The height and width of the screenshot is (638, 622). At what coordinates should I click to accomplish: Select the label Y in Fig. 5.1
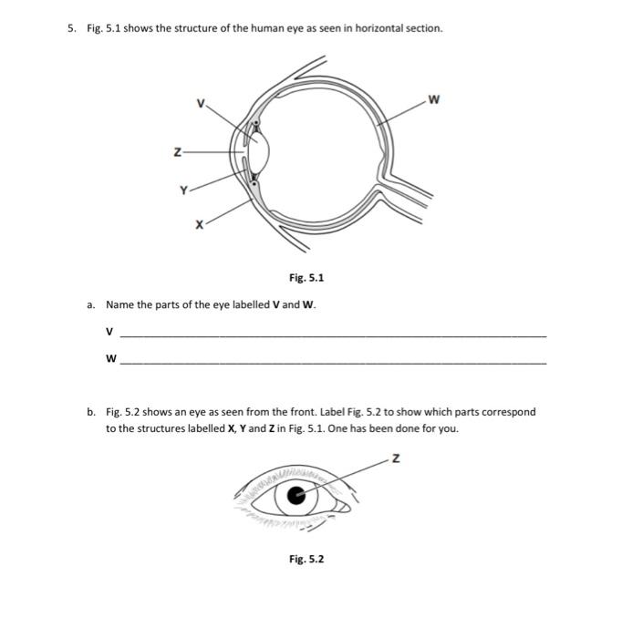coord(183,190)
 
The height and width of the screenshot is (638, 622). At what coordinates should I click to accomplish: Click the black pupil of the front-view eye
coord(295,496)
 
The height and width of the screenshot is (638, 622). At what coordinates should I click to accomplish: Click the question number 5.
coord(70,28)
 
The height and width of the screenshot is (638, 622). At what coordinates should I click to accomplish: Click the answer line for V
coord(333,336)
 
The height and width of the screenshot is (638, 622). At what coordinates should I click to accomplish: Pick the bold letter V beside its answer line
coord(109,331)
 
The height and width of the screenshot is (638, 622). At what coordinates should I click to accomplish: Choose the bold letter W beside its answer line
coord(110,358)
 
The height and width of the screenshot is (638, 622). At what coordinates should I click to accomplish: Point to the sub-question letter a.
coord(91,304)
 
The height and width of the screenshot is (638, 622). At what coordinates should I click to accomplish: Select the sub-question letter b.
coord(91,412)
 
